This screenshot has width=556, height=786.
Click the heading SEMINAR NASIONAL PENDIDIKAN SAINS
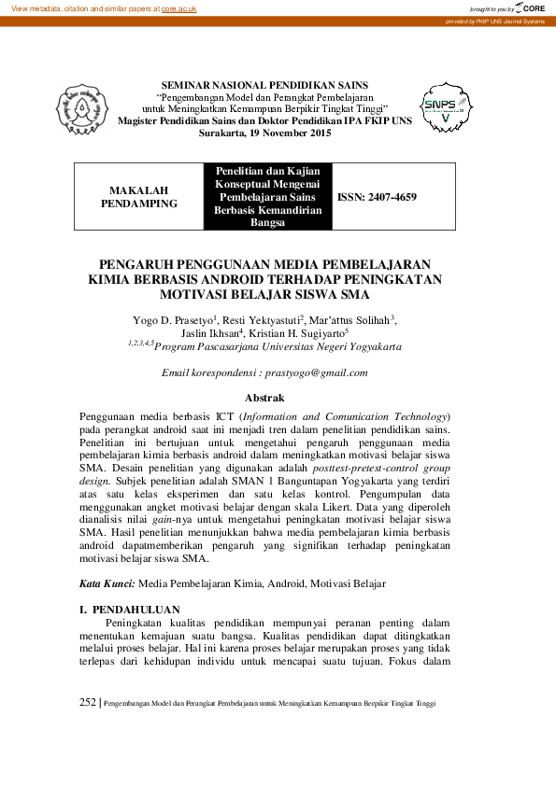265,85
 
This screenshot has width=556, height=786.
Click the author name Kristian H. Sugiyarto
299,332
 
